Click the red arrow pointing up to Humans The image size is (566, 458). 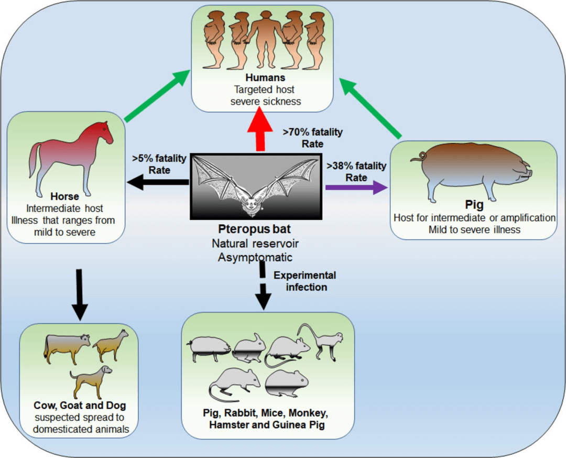(260, 131)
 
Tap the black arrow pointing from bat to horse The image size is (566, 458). (157, 182)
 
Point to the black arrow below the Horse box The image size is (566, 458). (79, 294)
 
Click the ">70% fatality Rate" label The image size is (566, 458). (312, 137)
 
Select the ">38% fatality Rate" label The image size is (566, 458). (356, 171)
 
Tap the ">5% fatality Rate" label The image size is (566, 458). (160, 165)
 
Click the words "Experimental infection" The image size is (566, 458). (304, 281)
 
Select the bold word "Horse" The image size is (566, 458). (64, 197)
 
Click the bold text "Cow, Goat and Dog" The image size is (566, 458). (80, 405)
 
